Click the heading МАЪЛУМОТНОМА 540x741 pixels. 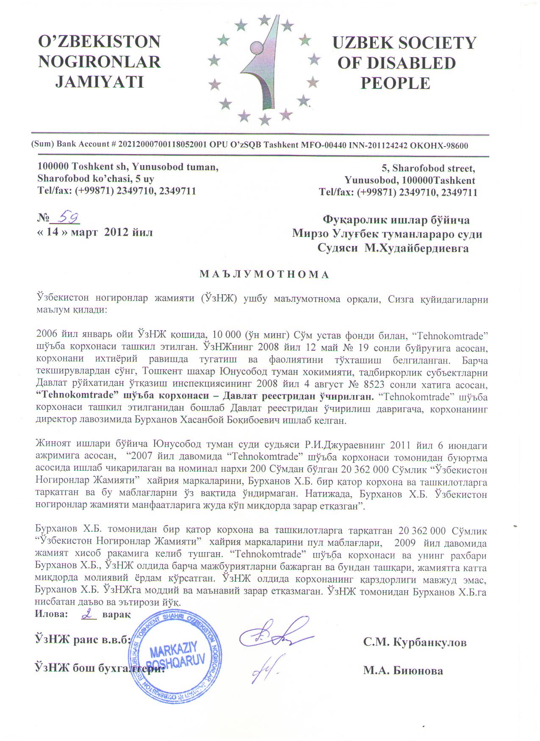[264, 274]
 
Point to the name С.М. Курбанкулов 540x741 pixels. [415, 642]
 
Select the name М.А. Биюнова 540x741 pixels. [403, 670]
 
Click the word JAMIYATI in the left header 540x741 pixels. [100, 82]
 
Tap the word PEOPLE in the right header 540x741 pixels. [395, 83]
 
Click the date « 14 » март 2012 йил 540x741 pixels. [95, 232]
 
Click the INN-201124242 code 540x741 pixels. [377, 145]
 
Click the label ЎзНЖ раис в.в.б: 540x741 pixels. [82, 640]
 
